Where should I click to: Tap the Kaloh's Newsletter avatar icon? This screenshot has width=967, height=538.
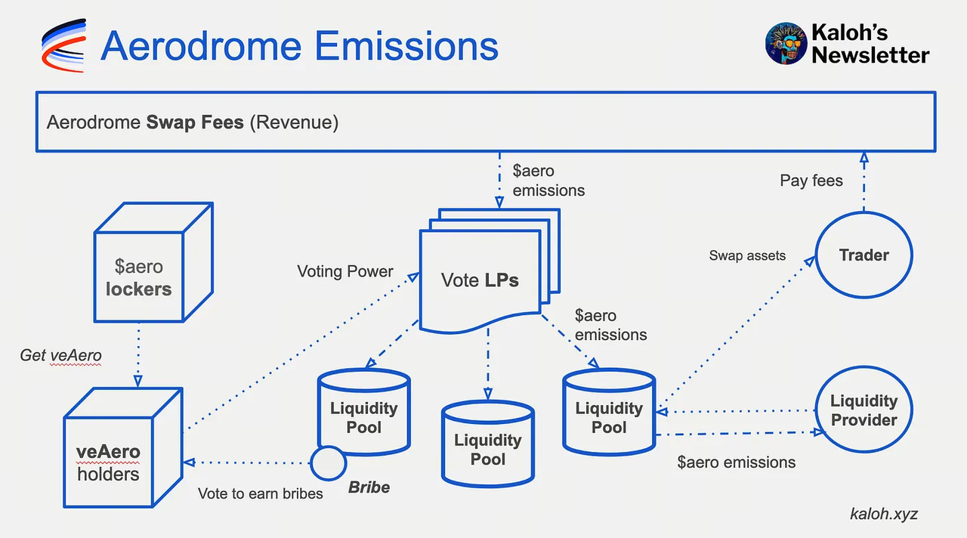tap(786, 42)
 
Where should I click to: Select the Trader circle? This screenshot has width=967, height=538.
tap(864, 255)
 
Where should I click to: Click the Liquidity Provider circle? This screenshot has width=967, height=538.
tap(864, 410)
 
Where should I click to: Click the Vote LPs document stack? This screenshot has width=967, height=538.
tap(483, 277)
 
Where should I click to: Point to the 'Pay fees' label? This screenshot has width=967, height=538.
tap(811, 181)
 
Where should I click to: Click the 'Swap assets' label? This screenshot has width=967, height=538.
tap(746, 255)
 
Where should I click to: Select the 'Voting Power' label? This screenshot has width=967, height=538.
tap(344, 271)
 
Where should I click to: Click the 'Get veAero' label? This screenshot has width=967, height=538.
tap(60, 355)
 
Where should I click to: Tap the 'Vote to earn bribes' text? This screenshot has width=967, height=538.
tap(260, 493)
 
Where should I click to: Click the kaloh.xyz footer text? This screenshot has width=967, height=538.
tap(884, 514)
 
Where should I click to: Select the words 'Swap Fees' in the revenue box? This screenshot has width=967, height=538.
tap(194, 122)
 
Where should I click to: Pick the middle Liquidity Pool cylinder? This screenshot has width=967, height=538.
tap(487, 446)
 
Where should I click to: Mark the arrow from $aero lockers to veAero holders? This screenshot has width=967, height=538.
tap(138, 355)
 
